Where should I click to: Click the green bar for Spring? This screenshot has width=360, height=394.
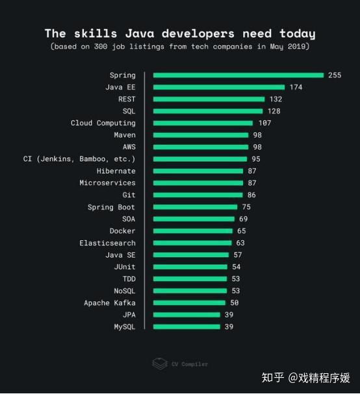[238, 75]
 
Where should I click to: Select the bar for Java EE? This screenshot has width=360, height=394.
[219, 87]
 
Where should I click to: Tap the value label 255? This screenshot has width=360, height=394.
[334, 75]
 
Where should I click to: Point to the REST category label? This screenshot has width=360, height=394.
[127, 99]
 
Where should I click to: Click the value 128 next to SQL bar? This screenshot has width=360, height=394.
[274, 111]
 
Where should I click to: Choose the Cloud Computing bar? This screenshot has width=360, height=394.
[203, 123]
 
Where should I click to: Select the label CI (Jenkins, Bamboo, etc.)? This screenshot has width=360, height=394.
[79, 159]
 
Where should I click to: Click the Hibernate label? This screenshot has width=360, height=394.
[116, 171]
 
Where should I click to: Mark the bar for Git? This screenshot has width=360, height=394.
[198, 195]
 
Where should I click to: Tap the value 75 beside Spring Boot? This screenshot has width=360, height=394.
[246, 207]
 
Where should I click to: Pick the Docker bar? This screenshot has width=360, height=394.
[192, 231]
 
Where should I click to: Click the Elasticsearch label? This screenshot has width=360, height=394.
[108, 243]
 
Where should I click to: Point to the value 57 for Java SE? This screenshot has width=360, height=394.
[237, 255]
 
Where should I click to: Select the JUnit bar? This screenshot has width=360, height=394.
[190, 267]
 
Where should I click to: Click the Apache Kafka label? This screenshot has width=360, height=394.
[110, 303]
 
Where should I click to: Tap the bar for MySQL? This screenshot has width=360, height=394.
[186, 326]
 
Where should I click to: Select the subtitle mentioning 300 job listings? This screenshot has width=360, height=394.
[179, 47]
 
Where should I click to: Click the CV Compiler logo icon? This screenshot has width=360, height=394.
[159, 363]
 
